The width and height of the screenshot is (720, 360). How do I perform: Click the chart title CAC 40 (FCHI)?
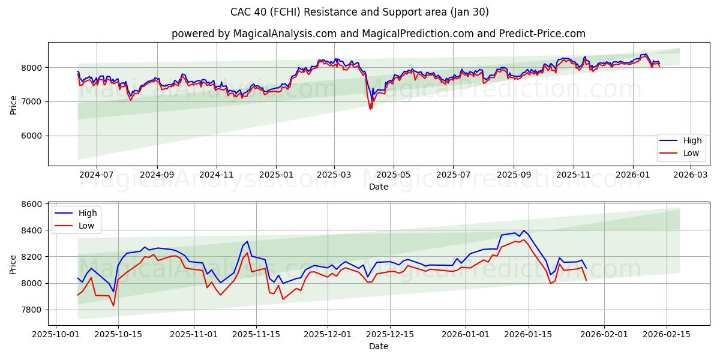pyautogui.click(x=359, y=12)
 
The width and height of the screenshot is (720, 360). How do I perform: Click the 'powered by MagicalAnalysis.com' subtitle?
pyautogui.click(x=378, y=34)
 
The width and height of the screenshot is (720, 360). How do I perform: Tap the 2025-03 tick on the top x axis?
pyautogui.click(x=334, y=175)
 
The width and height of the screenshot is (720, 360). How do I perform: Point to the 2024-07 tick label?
pyautogui.click(x=96, y=175)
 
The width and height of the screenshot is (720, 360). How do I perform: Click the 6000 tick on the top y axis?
pyautogui.click(x=34, y=136)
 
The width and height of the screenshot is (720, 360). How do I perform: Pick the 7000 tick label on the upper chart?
pyautogui.click(x=34, y=101)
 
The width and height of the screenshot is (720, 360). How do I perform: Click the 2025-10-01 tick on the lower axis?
pyautogui.click(x=56, y=334)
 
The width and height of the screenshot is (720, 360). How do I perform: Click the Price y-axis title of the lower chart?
pyautogui.click(x=13, y=263)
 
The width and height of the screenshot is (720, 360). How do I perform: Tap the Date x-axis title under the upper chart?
pyautogui.click(x=378, y=187)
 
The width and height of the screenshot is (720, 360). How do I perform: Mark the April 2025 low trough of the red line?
pyautogui.click(x=370, y=109)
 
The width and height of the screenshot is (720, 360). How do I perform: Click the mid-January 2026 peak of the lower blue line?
pyautogui.click(x=523, y=230)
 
